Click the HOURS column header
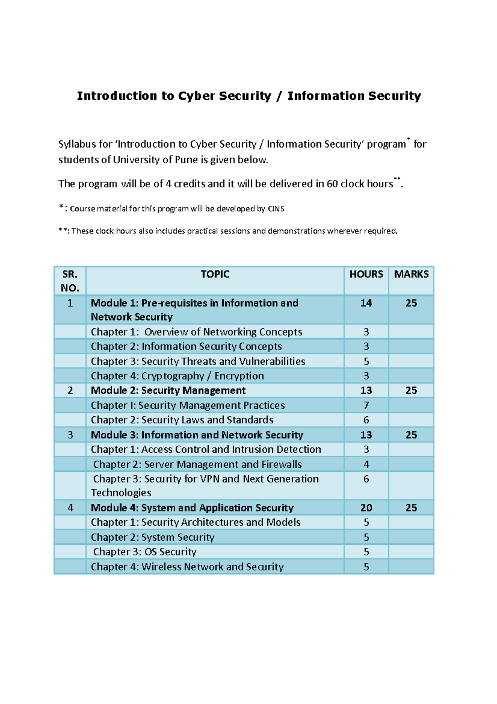click(366, 274)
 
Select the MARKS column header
click(411, 274)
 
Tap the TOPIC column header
click(215, 274)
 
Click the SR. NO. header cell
click(70, 281)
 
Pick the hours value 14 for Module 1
click(366, 303)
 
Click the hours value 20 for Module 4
click(366, 507)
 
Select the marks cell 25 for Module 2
click(411, 390)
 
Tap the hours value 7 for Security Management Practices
click(366, 405)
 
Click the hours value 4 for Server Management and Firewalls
click(366, 464)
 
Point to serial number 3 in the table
click(70, 435)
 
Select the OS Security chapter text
click(145, 552)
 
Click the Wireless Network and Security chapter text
click(187, 567)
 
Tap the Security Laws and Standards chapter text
click(182, 420)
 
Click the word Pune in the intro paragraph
click(186, 160)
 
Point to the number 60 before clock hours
click(332, 184)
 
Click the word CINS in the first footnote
click(276, 209)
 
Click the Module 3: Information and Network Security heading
click(197, 435)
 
